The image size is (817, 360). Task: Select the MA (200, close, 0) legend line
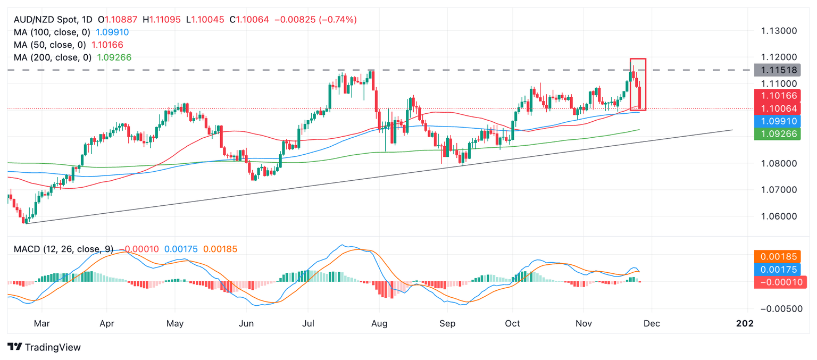tap(72, 57)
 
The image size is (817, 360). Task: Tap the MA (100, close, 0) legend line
tap(71, 32)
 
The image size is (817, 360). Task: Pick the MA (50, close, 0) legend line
tap(68, 45)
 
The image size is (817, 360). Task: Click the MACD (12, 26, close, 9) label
tap(63, 249)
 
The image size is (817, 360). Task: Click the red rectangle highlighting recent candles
tap(638, 84)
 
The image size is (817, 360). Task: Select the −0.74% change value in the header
tap(338, 20)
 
